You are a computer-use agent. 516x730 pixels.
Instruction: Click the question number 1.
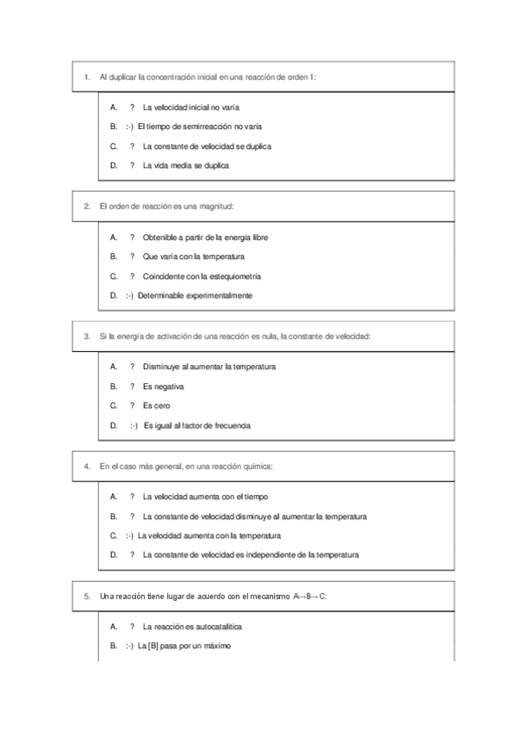87,77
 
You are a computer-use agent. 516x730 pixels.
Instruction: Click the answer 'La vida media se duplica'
185,165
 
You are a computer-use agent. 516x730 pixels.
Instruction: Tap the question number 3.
87,336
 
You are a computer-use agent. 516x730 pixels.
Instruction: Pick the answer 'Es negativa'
163,387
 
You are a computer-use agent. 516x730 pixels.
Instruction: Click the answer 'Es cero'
157,405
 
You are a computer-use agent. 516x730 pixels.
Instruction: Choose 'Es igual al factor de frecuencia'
196,425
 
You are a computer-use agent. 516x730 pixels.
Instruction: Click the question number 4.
87,466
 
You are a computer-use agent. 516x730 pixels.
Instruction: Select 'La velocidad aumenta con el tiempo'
205,496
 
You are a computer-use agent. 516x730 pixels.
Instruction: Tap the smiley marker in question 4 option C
129,535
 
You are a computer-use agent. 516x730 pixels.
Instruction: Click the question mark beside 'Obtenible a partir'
132,237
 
